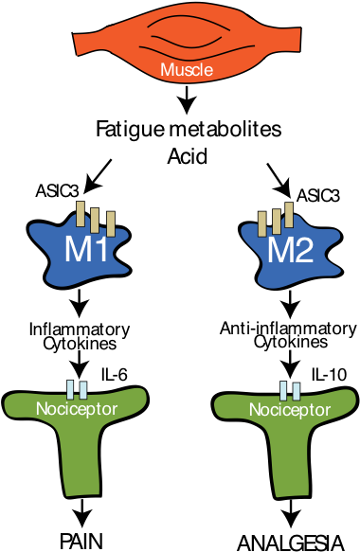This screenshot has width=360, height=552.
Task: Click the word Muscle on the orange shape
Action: click(187, 70)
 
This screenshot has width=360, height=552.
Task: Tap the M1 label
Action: click(84, 251)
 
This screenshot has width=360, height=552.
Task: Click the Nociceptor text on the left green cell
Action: click(76, 410)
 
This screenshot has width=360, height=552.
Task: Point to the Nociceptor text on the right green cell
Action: click(289, 411)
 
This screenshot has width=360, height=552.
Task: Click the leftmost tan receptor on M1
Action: click(81, 214)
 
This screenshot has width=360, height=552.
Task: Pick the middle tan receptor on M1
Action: click(95, 220)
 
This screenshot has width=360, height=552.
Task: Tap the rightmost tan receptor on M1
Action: click(110, 223)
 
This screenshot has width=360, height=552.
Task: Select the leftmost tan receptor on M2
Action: click(262, 223)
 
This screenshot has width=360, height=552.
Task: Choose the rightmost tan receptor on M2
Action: click(289, 215)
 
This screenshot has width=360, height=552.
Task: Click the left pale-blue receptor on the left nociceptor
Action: click(70, 389)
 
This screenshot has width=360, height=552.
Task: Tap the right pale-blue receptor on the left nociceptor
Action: click(82, 389)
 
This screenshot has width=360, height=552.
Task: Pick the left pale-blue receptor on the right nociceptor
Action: click(283, 390)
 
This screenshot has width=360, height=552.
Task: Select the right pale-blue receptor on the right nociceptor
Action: click(296, 390)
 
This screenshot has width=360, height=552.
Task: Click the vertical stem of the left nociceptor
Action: click(78, 464)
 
